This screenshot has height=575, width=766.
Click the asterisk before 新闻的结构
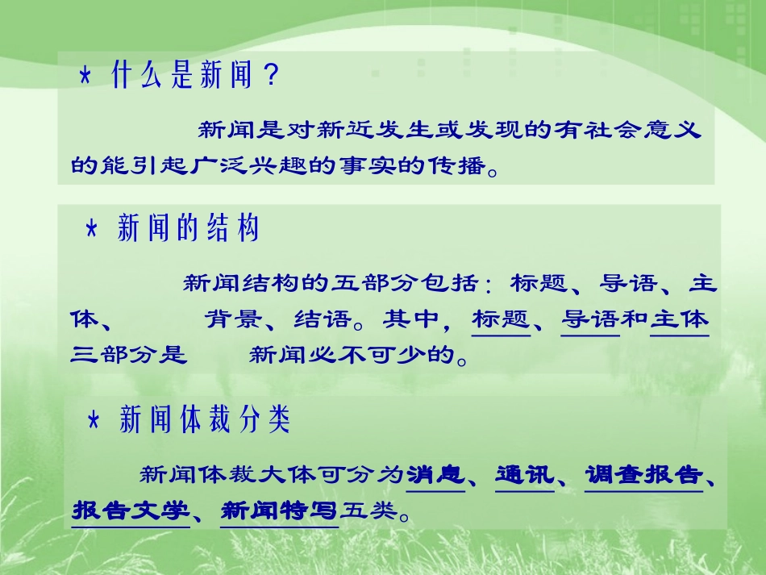coord(92,230)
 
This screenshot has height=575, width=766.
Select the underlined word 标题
coord(501,319)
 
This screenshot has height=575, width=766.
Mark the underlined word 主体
coord(679,319)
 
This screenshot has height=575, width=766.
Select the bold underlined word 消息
coord(435,474)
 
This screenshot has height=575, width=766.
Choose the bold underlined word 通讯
coord(524,474)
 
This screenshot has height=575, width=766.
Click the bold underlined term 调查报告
coord(643,474)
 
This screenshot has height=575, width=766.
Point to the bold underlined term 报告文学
coord(130,510)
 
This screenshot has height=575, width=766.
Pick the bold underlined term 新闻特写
coord(278,510)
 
